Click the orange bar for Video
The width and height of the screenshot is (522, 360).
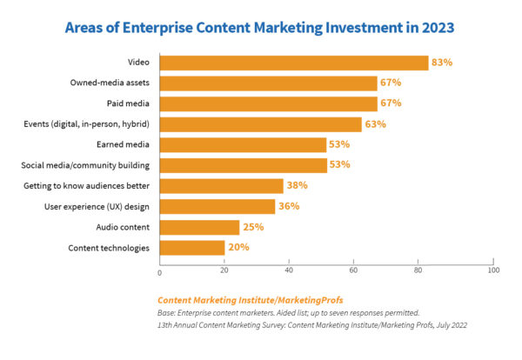294,63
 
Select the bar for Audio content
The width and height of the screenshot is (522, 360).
199,227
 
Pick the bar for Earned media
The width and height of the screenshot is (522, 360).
243,144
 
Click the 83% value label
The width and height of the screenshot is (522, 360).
444,63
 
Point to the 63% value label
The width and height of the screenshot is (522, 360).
376,124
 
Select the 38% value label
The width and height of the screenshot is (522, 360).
298,186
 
